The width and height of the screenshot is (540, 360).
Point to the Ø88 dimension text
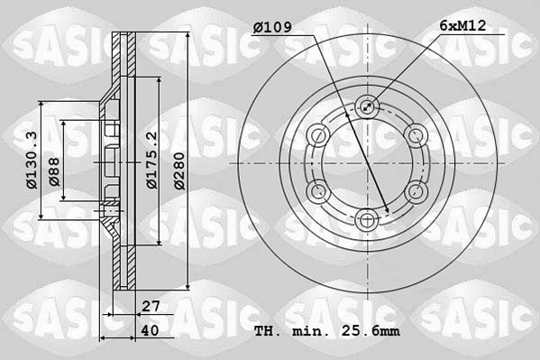pyautogui.click(x=55, y=171)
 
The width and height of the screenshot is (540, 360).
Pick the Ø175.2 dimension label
pyautogui.click(x=151, y=161)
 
